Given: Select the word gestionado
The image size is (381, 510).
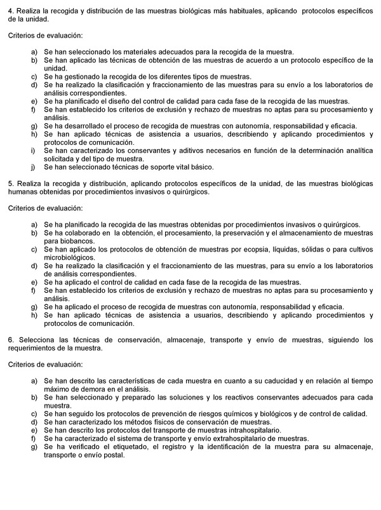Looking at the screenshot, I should [84, 77].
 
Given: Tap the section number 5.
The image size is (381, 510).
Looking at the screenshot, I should [11, 184].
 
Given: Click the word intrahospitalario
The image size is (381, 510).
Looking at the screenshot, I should [251, 430].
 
